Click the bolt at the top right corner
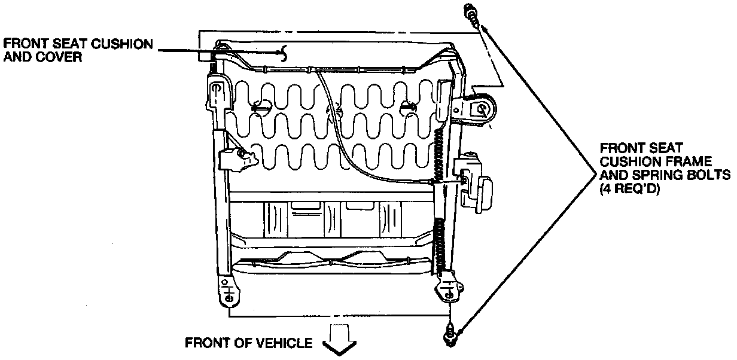click(x=471, y=15)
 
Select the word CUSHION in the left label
click(x=120, y=45)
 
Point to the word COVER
click(x=64, y=59)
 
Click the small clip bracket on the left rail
click(x=236, y=159)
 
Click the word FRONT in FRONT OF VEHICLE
click(x=205, y=343)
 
